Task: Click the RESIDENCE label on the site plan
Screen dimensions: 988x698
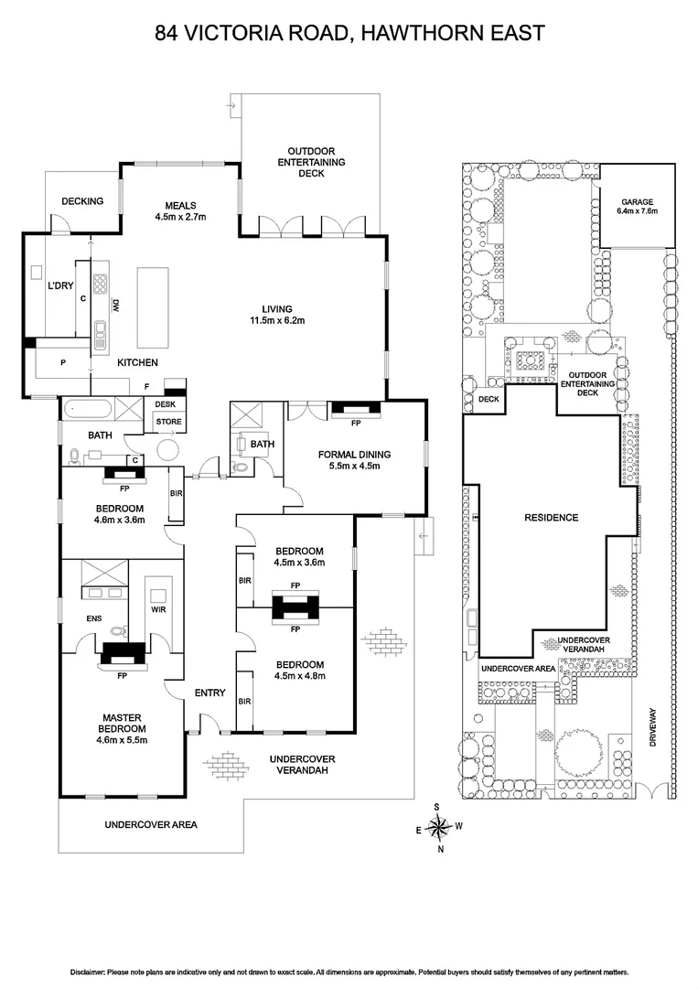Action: coord(551,518)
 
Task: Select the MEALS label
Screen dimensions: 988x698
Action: coord(181,205)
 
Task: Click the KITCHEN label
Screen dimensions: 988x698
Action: coord(137,363)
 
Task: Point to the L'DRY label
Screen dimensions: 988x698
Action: coord(59,286)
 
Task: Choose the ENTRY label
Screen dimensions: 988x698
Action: coord(209,693)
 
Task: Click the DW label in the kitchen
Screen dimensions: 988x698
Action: coord(116,306)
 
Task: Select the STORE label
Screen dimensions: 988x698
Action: coord(168,422)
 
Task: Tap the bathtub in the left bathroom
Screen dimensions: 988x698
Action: coord(87,409)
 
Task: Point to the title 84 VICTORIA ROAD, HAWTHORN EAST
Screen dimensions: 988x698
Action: coord(349,34)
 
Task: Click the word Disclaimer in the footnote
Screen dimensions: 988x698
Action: coord(89,972)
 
